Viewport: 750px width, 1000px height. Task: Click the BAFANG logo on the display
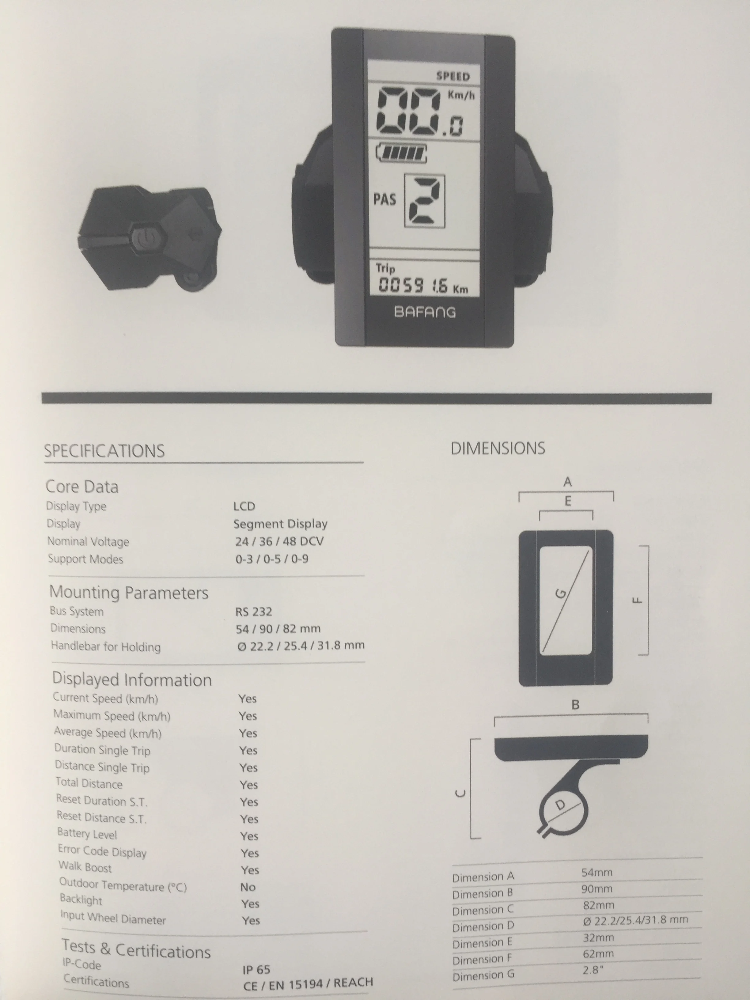[x=425, y=312]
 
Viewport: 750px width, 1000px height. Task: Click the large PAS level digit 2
[x=424, y=201]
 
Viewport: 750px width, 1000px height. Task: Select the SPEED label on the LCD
[x=453, y=76]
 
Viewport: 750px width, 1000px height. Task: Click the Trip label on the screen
[x=385, y=268]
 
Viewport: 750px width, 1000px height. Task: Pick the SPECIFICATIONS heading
[x=104, y=451]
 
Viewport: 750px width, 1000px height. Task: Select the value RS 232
[x=254, y=612]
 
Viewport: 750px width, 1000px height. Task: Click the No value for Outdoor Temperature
[x=248, y=887]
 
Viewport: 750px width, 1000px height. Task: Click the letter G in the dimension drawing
[x=561, y=593]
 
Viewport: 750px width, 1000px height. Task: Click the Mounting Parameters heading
[x=129, y=592]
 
